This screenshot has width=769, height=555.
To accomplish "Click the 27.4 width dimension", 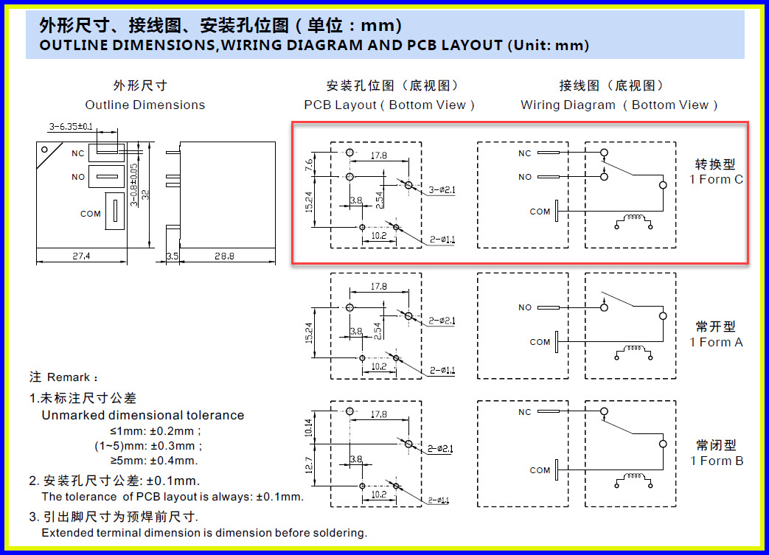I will coord(82,256).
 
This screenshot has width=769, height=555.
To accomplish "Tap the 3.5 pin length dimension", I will coord(173,256).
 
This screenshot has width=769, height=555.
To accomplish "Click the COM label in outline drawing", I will coord(91,214).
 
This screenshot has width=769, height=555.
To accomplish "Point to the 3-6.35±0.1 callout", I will coord(71,127).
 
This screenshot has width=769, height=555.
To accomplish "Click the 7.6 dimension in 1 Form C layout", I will coord(310,164).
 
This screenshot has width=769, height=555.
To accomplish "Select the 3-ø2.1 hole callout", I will coord(442,190).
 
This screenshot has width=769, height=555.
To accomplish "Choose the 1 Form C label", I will coord(716,179).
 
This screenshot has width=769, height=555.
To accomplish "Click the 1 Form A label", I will coord(716,342).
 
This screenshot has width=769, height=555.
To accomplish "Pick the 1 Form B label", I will coord(716,461).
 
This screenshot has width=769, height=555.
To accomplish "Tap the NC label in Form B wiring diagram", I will coord(524,412).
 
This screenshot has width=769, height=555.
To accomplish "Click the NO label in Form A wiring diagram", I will coord(524,307).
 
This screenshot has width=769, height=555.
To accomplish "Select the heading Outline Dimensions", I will coord(145,105).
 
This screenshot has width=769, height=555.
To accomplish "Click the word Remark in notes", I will coord(68,377).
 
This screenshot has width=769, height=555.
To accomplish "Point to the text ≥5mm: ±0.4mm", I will coord(154,461).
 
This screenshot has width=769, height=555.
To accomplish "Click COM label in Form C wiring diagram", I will coord(540,212).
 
